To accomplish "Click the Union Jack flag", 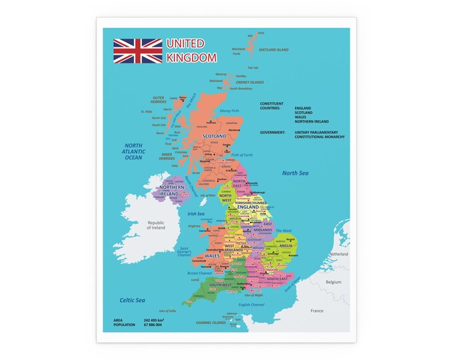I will (137, 51).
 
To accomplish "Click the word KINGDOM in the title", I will (191, 57).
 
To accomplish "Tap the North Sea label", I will (296, 173).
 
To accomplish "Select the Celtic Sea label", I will (133, 301).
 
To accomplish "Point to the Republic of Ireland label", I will (156, 225).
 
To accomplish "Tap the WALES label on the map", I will (212, 255).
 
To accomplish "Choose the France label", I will (316, 311).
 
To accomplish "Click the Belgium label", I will (333, 282).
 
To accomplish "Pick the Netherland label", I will (338, 255).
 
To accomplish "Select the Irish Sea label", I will (196, 214).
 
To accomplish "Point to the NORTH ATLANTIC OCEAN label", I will (134, 151).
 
